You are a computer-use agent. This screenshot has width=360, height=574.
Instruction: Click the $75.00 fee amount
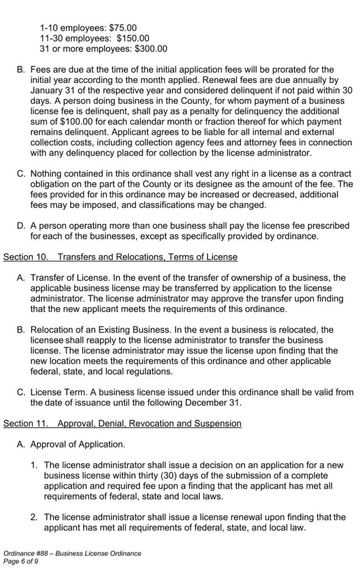(123, 27)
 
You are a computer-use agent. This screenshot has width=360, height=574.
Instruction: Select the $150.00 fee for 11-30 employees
(133, 38)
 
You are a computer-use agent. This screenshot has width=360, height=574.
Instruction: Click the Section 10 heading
(120, 257)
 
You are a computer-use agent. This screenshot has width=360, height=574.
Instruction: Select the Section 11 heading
(122, 424)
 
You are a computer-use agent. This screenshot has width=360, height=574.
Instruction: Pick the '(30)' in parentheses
(164, 475)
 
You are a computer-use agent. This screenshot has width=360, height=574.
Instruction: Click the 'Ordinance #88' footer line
(72, 553)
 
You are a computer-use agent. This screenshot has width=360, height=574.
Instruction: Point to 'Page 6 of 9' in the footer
(21, 561)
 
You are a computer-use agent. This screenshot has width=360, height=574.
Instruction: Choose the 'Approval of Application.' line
(77, 444)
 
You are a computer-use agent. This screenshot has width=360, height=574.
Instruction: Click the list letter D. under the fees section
(21, 226)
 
